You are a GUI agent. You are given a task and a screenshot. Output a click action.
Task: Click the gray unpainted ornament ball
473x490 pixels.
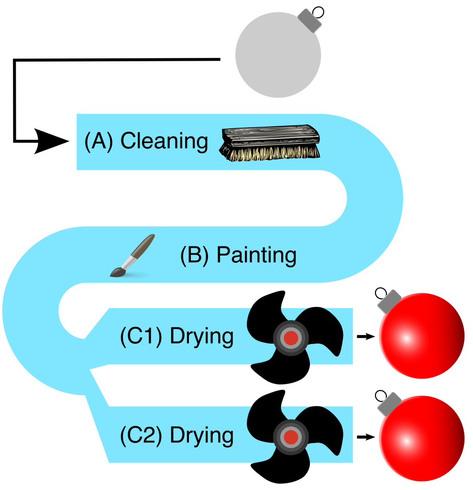click(x=278, y=56)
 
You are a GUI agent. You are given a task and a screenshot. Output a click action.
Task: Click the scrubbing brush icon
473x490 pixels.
click(x=270, y=144)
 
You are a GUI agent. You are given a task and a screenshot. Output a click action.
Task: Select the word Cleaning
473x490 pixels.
click(x=164, y=142)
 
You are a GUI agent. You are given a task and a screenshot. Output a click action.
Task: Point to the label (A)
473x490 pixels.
click(x=99, y=142)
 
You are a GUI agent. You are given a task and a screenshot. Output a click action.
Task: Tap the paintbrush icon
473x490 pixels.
click(x=132, y=256)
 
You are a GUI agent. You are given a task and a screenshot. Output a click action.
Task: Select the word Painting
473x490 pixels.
click(x=256, y=255)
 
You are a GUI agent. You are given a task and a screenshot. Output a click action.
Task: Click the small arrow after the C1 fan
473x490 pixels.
click(x=364, y=337)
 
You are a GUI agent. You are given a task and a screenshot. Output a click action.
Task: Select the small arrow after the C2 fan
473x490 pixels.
click(x=364, y=437)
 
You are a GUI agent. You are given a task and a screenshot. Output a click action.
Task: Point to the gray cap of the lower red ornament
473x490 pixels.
click(x=389, y=404)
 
